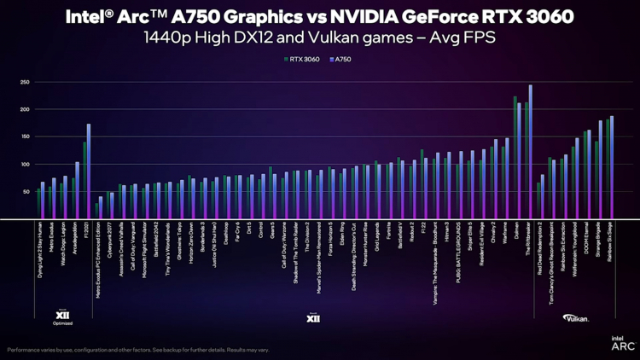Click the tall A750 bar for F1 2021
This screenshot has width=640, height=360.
point(89,171)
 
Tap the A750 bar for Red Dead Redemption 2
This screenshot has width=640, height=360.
point(543,197)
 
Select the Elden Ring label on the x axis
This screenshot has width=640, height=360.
point(344,235)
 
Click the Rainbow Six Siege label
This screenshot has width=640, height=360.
point(612,243)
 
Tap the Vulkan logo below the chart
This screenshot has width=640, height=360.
point(574,318)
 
